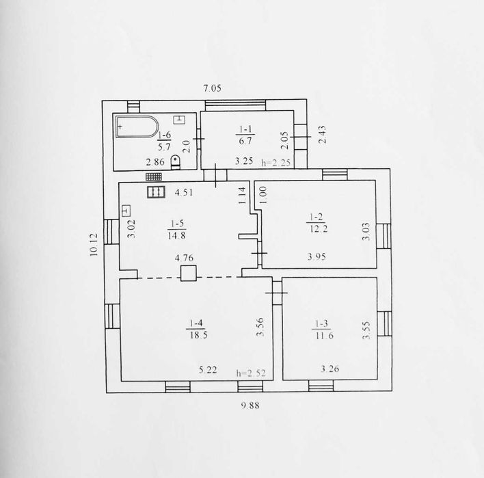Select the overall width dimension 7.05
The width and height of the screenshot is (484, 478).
pos(213,88)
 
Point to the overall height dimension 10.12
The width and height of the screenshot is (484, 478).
pos(94,245)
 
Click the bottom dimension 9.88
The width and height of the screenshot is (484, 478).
pos(250,406)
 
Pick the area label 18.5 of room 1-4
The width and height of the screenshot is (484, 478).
pos(198,335)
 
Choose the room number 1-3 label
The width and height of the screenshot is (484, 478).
pos(321,323)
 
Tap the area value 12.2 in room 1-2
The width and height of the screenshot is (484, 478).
pos(318,229)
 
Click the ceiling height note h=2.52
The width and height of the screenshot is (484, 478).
pos(251,373)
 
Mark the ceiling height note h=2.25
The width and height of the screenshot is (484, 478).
pos(276,163)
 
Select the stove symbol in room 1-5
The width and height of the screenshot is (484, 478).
pos(156,192)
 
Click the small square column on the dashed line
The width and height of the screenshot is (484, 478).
pos(189,273)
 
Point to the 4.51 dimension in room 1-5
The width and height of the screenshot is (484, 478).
pos(184,193)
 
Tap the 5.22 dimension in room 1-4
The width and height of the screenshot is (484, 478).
pos(208,370)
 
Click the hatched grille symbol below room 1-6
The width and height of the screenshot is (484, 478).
pos(154,176)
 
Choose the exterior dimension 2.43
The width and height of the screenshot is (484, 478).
pos(321,134)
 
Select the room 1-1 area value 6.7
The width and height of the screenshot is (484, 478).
pos(245,141)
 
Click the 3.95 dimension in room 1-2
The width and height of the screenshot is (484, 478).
pos(317,257)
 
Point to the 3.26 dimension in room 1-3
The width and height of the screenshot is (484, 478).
pos(330,369)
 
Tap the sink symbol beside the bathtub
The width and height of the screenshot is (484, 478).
pos(179,120)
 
